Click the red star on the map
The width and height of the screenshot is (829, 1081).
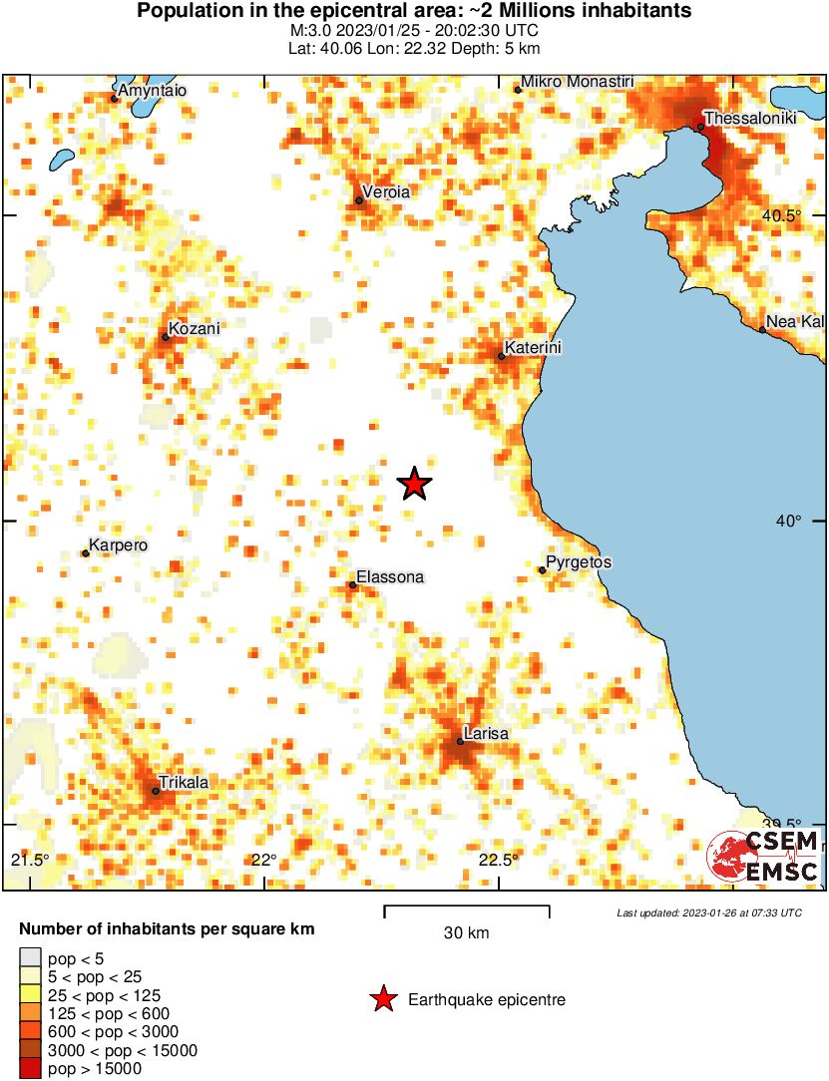click(414, 484)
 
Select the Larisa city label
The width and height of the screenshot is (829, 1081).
click(487, 734)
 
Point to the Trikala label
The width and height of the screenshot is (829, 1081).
click(184, 783)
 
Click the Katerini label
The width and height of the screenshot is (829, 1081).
click(533, 348)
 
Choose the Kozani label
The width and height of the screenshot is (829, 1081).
click(194, 328)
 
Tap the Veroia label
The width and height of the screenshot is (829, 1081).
click(386, 191)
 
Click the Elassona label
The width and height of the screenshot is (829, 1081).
click(390, 577)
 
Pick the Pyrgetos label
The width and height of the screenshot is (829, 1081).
click(579, 562)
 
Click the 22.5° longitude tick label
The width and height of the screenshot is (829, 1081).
click(499, 861)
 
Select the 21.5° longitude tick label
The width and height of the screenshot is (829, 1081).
click(30, 861)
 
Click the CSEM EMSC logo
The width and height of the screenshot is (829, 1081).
click(763, 857)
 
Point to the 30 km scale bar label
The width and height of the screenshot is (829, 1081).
click(466, 933)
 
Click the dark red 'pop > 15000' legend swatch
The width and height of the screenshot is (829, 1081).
click(31, 1068)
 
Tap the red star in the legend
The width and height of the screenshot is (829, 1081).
click(382, 999)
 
